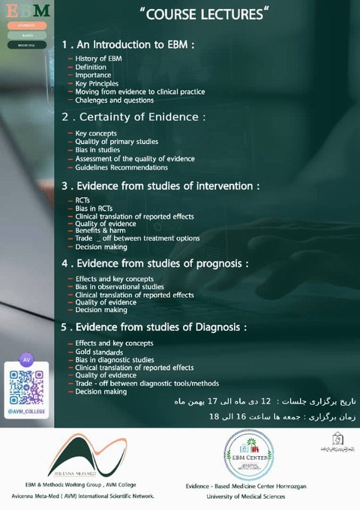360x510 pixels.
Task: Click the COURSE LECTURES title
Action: tap(204, 14)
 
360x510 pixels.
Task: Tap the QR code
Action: tap(26, 386)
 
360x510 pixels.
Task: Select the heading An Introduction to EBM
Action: tap(128, 44)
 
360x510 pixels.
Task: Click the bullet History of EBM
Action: tap(98, 58)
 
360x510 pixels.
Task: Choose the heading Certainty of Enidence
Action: tap(133, 116)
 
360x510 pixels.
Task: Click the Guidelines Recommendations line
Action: tap(121, 167)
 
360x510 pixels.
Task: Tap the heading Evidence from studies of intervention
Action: tap(161, 185)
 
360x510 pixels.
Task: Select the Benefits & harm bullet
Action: tap(100, 230)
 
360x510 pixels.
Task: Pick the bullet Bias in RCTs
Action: tap(94, 208)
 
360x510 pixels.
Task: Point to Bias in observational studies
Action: tap(119, 286)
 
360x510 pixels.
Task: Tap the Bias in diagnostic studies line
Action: tap(115, 359)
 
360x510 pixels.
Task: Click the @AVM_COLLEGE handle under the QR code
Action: tap(26, 412)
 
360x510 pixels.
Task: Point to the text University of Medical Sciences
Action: tap(246, 496)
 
